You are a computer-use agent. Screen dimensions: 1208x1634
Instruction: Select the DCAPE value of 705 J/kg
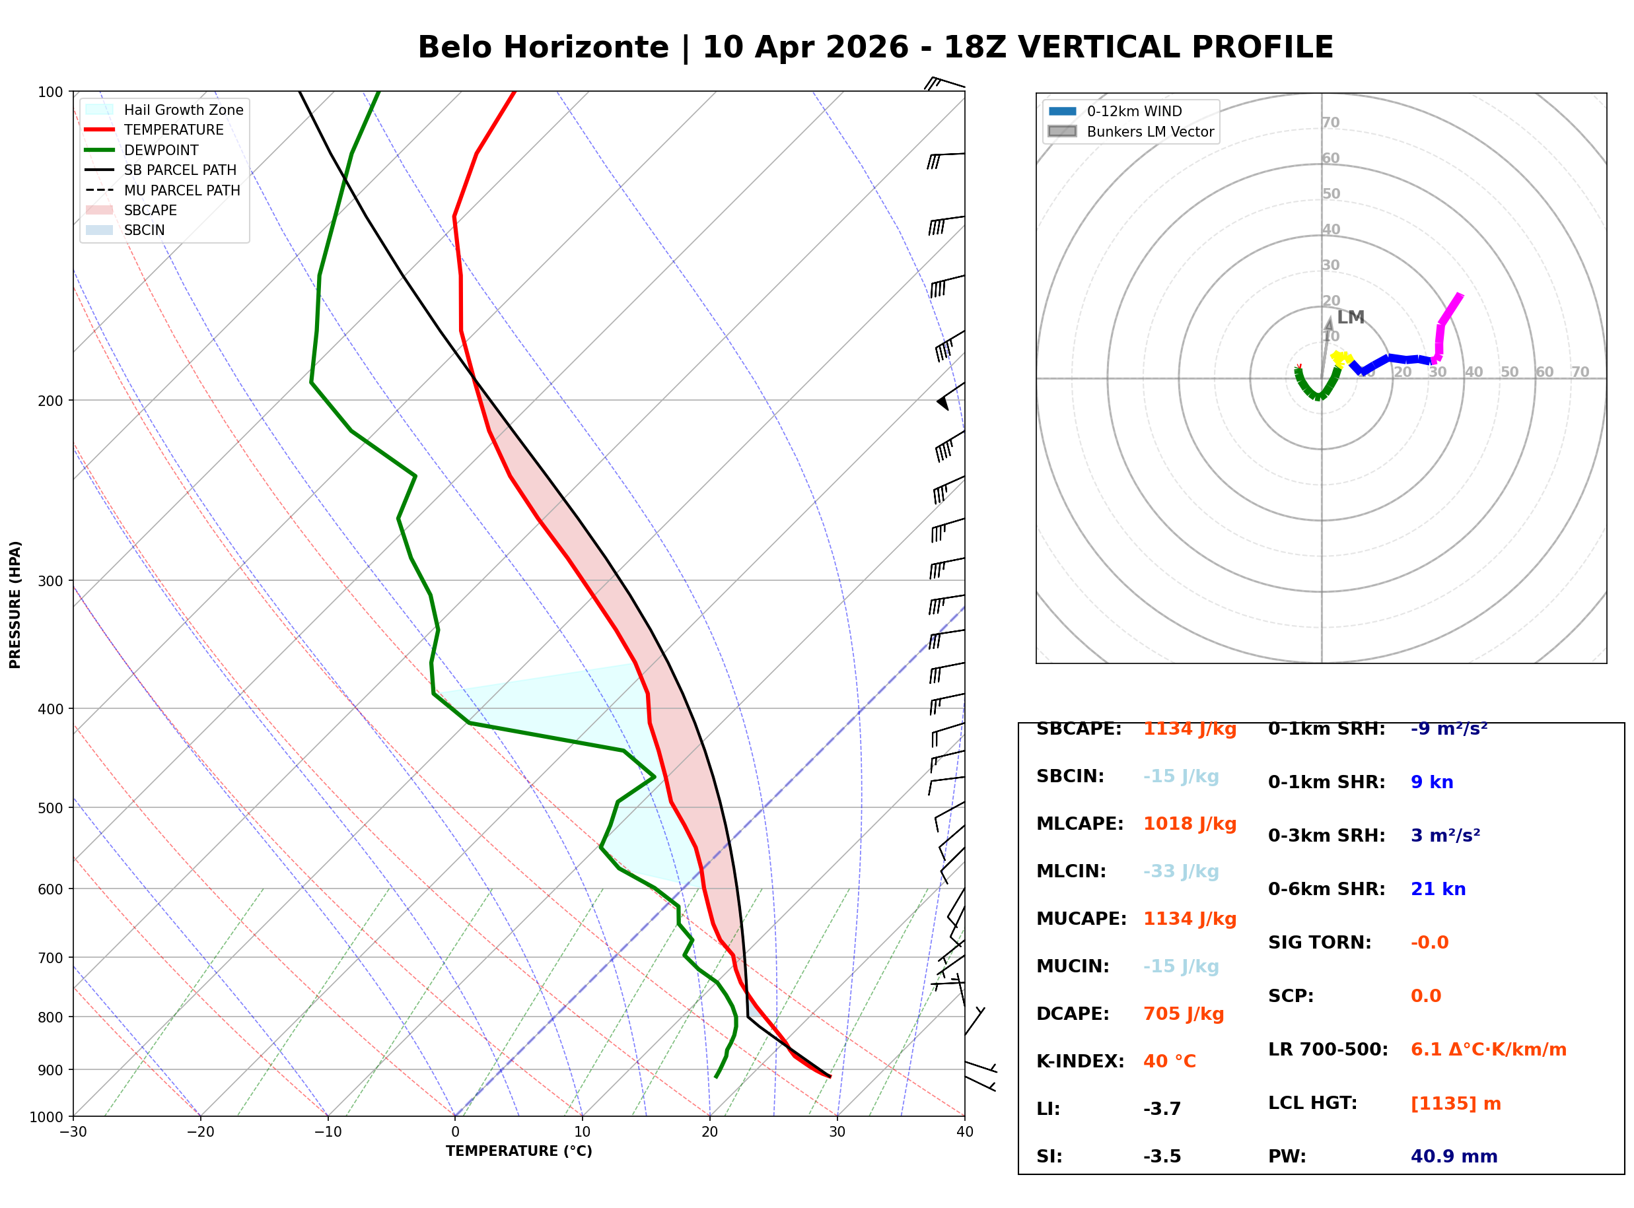coord(1183,1014)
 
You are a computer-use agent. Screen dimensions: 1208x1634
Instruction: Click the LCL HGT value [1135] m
coord(1456,1104)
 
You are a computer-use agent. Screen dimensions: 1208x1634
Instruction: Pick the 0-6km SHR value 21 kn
coord(1438,889)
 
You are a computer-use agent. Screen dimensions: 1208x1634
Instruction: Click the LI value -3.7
coord(1162,1109)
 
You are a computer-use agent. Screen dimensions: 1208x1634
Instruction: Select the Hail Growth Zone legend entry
coord(183,110)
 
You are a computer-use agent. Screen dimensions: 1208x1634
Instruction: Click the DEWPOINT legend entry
coord(161,150)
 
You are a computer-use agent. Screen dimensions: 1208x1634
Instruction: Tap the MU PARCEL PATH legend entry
coord(182,190)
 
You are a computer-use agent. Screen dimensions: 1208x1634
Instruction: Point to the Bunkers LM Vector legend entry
coord(1150,131)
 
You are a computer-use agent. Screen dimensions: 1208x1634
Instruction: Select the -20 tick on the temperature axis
coord(199,1133)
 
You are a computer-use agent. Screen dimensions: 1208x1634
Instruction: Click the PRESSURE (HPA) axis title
coord(15,605)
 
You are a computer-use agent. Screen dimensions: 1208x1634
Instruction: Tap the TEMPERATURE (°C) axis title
coord(518,1152)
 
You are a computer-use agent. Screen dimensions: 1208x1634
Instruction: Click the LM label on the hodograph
coord(1350,318)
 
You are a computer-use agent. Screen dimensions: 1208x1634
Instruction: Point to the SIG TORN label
coord(1320,943)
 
